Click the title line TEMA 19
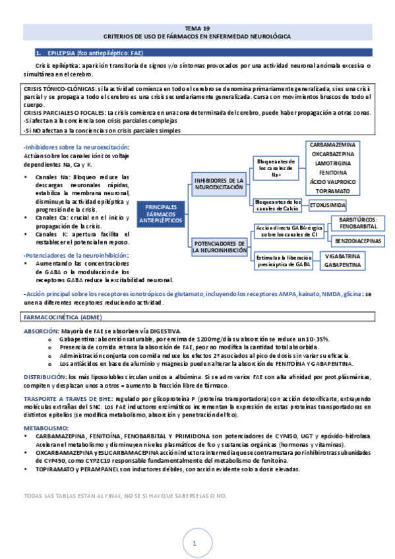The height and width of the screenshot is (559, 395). pos(197,28)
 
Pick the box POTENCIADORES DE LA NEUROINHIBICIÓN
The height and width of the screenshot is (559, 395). pos(218,247)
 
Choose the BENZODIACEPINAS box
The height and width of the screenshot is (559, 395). pos(358,241)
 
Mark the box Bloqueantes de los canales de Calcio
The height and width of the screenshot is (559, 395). pos(278,205)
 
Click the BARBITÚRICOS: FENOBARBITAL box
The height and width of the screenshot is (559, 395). pos(357,223)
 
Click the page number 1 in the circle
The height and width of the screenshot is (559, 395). pos(195,544)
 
